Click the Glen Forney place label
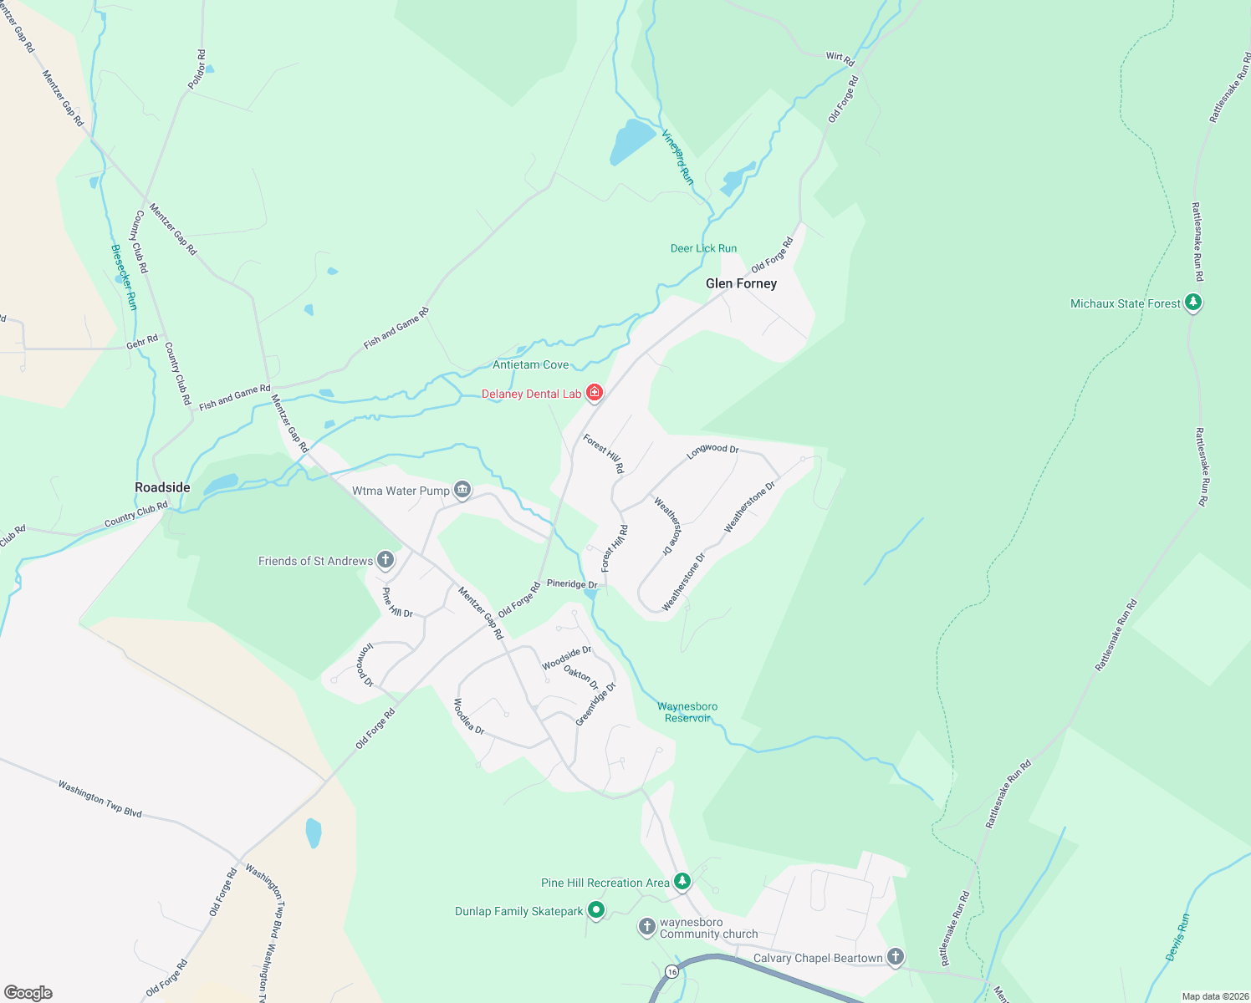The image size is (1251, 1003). click(x=741, y=283)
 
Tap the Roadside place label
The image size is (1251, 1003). click(x=162, y=487)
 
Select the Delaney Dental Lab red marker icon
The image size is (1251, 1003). click(x=595, y=393)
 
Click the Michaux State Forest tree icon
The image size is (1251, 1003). click(x=1193, y=303)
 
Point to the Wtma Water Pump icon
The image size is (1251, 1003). click(x=462, y=490)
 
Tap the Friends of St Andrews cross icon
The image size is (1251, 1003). click(x=385, y=560)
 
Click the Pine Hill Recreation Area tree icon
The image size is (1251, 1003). click(x=682, y=882)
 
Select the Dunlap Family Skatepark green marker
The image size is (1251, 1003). click(x=595, y=910)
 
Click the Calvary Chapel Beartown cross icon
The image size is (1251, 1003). click(x=895, y=957)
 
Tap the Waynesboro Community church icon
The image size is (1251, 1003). click(x=646, y=926)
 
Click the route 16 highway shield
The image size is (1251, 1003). click(x=671, y=971)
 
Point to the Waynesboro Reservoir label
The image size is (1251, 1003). click(x=687, y=712)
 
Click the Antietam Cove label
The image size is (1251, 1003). click(x=530, y=364)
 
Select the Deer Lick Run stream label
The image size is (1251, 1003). click(x=703, y=248)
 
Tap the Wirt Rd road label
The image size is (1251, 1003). click(x=840, y=58)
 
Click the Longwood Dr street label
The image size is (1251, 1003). click(x=712, y=451)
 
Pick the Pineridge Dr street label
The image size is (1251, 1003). click(x=572, y=583)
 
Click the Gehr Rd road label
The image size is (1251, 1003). click(x=142, y=341)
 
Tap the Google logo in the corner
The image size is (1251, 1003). click(x=28, y=992)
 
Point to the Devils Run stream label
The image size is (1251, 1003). click(x=1177, y=938)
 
